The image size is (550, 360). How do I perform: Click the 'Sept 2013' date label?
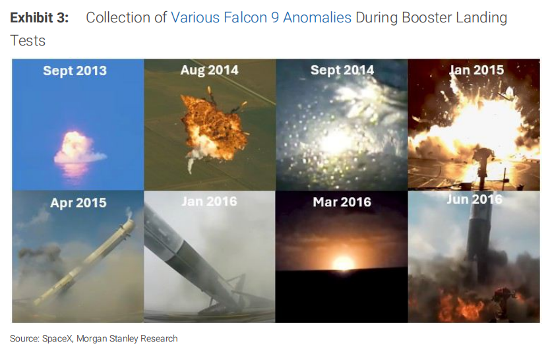coord(75,71)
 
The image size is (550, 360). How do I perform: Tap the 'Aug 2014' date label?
coord(210,70)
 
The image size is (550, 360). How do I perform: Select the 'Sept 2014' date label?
coord(342,70)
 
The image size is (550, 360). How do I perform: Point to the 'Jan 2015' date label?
coord(477,70)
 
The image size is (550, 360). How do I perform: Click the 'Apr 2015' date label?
coord(78,202)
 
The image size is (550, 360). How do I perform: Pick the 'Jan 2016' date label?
coord(210,202)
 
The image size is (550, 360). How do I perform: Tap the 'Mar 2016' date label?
coord(342,202)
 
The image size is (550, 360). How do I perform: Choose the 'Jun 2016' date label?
coord(475,200)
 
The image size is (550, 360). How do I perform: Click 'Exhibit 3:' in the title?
coord(40,18)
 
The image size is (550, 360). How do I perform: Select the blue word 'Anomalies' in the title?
coord(317,18)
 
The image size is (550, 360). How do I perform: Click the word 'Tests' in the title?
coord(28,41)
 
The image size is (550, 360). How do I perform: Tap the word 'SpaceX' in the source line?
coord(57,339)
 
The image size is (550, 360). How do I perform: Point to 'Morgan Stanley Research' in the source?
coord(127,339)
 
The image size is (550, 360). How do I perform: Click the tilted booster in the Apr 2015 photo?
coord(84,262)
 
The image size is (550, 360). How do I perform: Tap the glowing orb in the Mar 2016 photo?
coord(343,262)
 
